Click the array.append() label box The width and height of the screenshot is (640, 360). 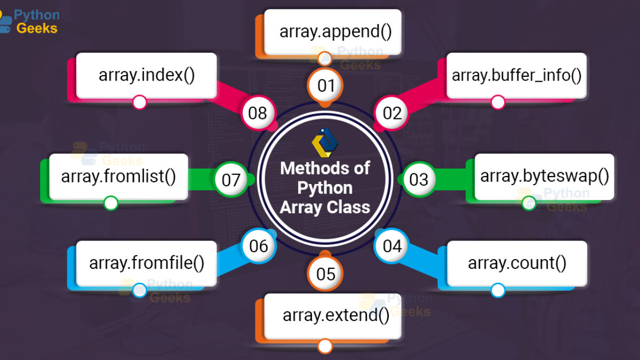pos(333,32)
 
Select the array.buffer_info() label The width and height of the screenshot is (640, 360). pos(517,76)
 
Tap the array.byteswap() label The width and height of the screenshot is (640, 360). pos(545,177)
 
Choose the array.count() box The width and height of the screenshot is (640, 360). pos(517,263)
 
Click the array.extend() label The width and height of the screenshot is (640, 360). pos(333,316)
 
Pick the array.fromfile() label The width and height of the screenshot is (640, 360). pos(146,263)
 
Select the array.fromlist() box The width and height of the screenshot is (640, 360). pos(118,177)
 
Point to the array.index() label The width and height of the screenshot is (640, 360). pos(146,76)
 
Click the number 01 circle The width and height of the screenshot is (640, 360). pos(325,85)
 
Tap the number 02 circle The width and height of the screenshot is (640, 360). pos(391,113)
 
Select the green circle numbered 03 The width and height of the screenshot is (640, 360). pos(419,179)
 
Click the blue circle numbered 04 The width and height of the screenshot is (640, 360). pos(391,246)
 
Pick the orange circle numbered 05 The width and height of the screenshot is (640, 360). pos(325,274)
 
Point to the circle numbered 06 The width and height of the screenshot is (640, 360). pos(258,246)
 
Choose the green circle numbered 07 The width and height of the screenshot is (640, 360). pos(231,179)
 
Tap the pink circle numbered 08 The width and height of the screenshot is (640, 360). pos(258,113)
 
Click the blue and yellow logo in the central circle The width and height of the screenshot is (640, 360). pos(325,143)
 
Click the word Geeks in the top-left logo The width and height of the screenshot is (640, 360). pos(37,28)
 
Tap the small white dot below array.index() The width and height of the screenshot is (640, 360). pos(139,102)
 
